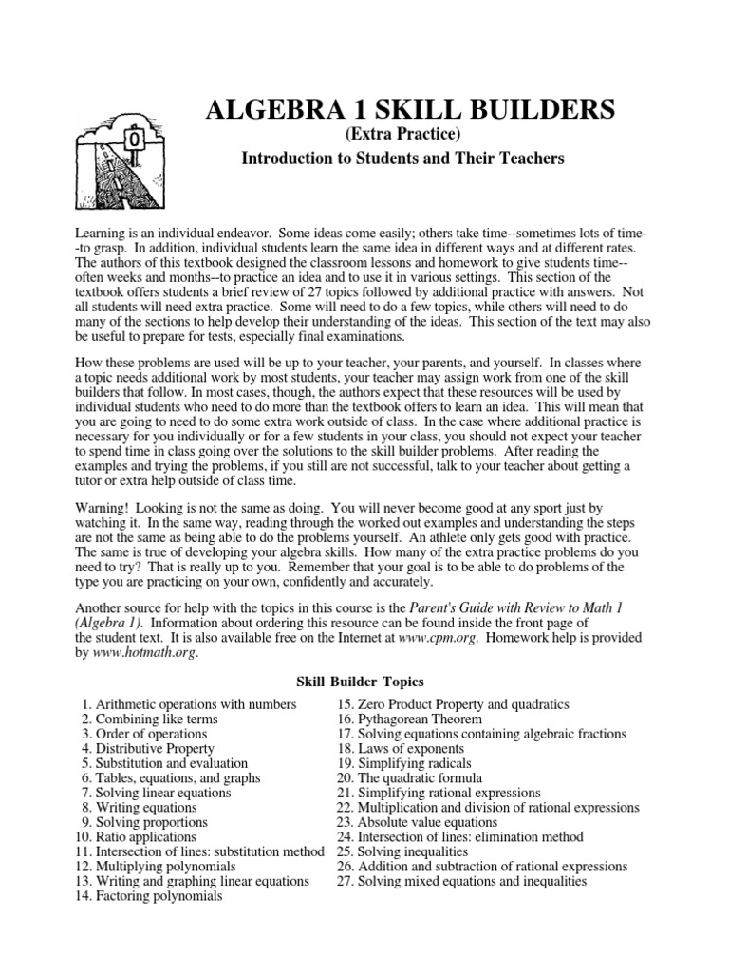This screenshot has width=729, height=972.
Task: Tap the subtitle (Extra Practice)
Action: coord(402,137)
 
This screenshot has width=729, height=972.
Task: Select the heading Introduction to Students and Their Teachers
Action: coord(402,159)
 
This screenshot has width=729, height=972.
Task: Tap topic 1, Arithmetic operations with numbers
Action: coord(188,705)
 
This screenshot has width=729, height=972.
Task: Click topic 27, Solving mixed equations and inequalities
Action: coord(461,881)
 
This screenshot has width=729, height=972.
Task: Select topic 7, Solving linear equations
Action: coord(155,793)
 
